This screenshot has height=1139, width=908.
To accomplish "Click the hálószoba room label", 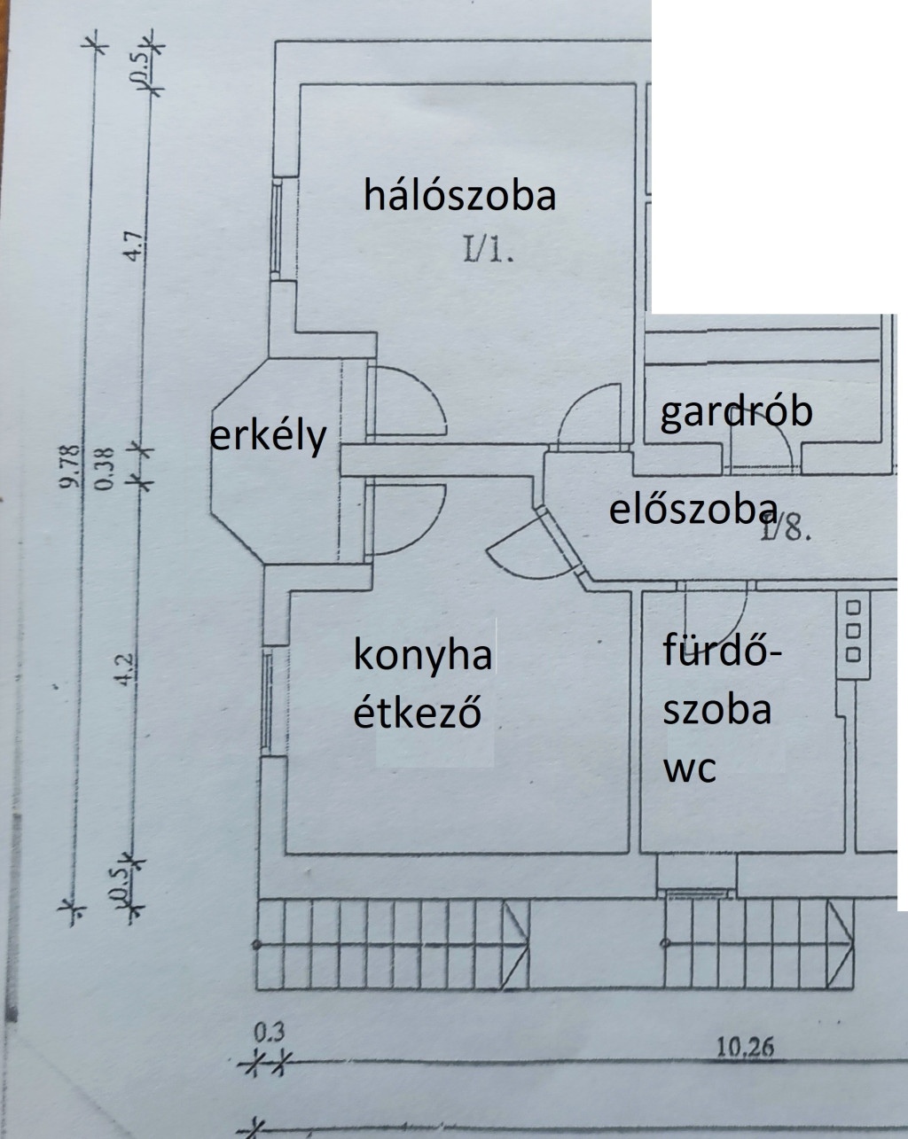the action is [x=459, y=195].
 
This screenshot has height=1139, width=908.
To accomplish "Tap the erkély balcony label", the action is [x=269, y=437].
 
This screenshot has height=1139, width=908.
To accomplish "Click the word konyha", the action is [x=422, y=656].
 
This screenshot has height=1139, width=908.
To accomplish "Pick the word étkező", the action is [x=418, y=712].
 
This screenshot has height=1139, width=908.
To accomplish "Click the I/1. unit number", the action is [x=489, y=251].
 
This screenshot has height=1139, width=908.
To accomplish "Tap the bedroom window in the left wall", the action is [x=277, y=227].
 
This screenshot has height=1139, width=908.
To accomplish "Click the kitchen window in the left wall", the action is [x=268, y=702].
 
